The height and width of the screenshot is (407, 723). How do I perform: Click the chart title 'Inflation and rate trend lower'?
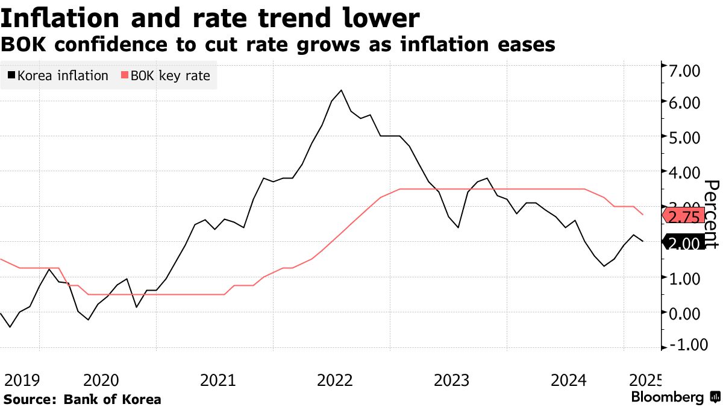pyautogui.click(x=210, y=19)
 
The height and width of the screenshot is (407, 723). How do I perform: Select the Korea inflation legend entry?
pyautogui.click(x=58, y=76)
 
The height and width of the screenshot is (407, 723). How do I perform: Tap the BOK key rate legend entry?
pyautogui.click(x=166, y=76)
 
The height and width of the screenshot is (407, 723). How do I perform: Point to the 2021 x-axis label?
pyautogui.click(x=219, y=380)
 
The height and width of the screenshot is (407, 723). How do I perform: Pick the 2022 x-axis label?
pyautogui.click(x=336, y=380)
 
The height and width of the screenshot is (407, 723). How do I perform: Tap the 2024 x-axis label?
pyautogui.click(x=569, y=380)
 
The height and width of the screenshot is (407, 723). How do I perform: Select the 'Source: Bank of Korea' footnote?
pyautogui.click(x=82, y=399)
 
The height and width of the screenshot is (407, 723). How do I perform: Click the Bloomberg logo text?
pyautogui.click(x=668, y=397)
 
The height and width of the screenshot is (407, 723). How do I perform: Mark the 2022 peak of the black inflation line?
pyautogui.click(x=342, y=90)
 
